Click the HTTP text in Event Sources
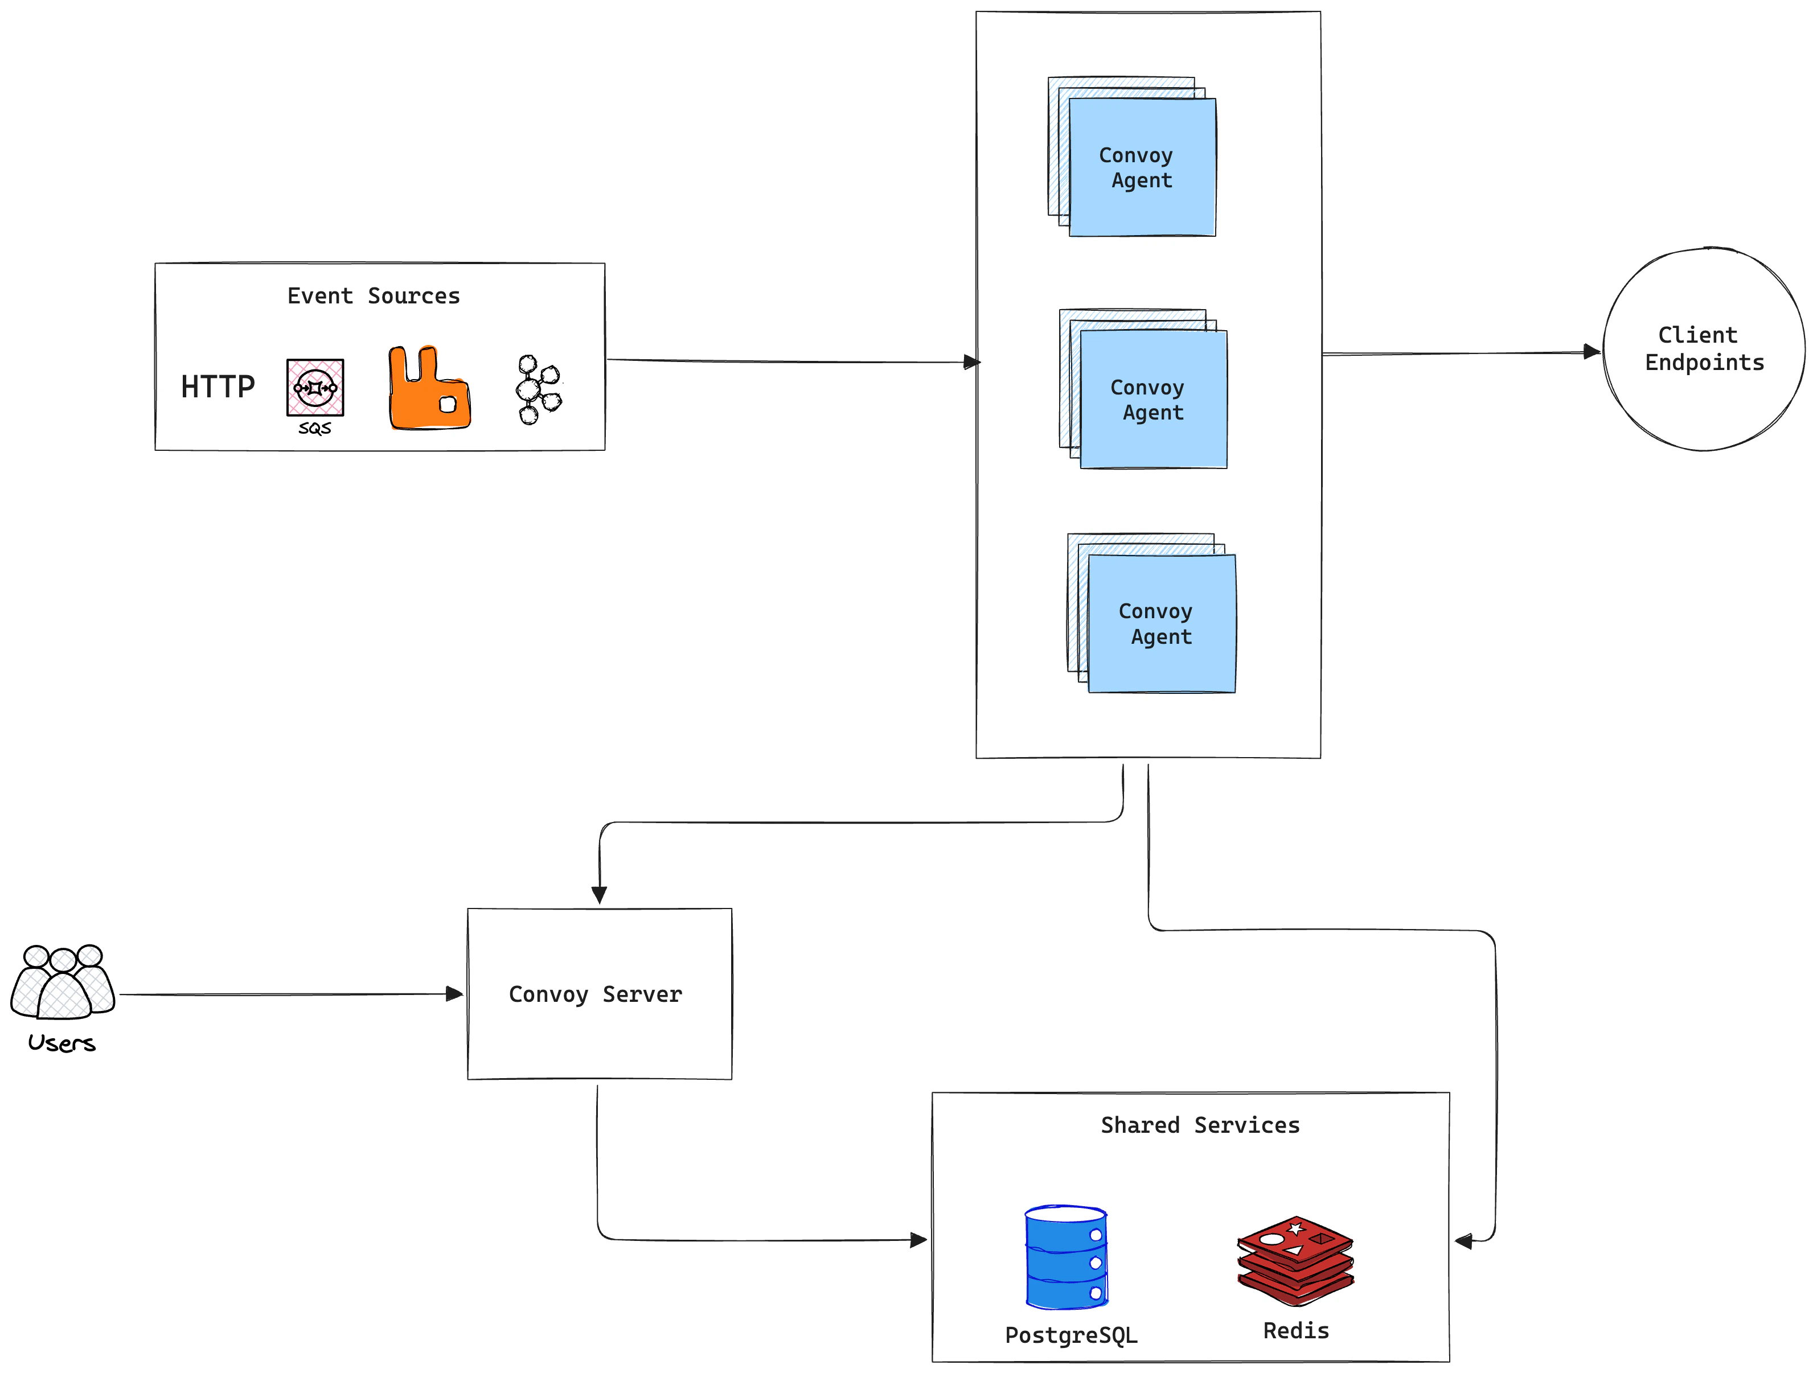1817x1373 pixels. pyautogui.click(x=218, y=387)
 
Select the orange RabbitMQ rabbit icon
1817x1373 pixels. pyautogui.click(x=428, y=389)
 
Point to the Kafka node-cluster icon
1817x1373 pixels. pyautogui.click(x=538, y=389)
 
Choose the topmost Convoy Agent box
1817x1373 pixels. pyautogui.click(x=1141, y=167)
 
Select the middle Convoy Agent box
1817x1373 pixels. pyautogui.click(x=1152, y=400)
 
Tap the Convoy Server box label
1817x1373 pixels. pyautogui.click(x=596, y=994)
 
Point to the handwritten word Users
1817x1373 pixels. pyautogui.click(x=61, y=1043)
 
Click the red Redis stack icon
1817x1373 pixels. pyautogui.click(x=1295, y=1260)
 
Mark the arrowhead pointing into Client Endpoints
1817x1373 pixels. pyautogui.click(x=1592, y=352)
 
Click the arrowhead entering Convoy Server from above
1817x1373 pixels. pyautogui.click(x=599, y=895)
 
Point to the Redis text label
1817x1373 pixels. pyautogui.click(x=1295, y=1331)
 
